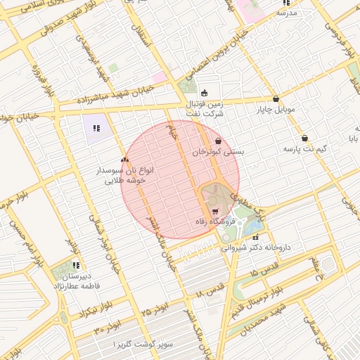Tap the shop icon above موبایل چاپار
276,100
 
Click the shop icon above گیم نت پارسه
304,138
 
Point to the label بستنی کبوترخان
219,152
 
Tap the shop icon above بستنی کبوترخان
218,141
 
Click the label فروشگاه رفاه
214,222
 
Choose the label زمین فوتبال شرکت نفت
205,108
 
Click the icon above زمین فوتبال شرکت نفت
205,92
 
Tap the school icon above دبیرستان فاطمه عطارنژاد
75,266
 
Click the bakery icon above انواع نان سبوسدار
124,160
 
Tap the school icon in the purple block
96,128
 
